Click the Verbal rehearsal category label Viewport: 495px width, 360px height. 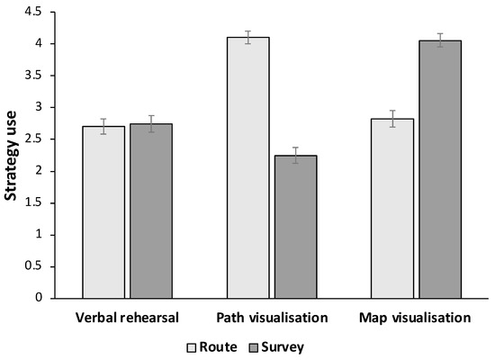[x=127, y=318]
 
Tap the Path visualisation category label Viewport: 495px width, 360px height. [x=271, y=318]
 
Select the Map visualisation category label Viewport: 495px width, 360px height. [x=416, y=318]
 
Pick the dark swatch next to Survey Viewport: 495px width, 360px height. [x=256, y=346]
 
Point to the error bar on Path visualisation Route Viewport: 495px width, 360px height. [x=247, y=37]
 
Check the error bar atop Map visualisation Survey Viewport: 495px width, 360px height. [x=439, y=40]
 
